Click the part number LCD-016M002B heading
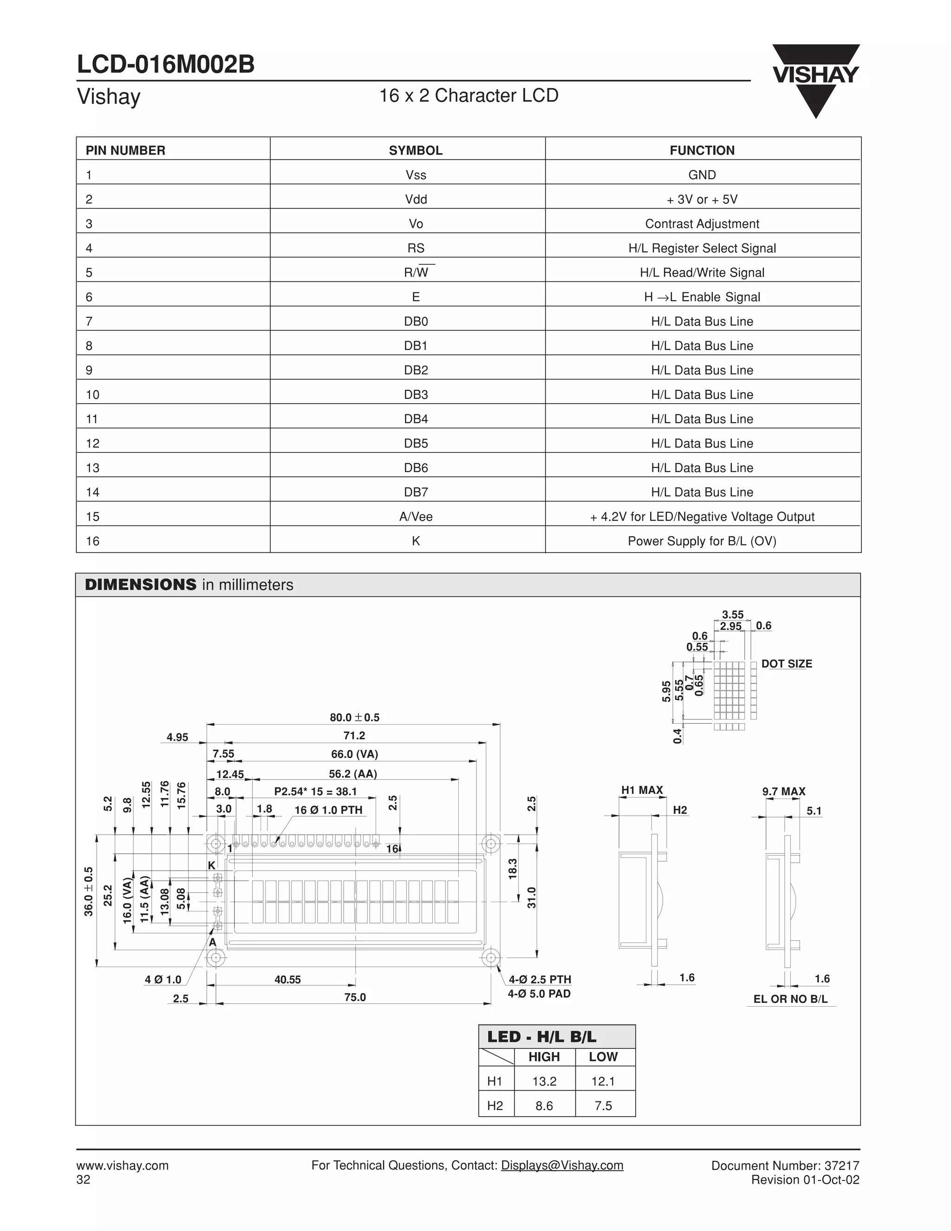tap(166, 64)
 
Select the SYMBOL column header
tap(415, 151)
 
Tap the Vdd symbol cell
tap(416, 200)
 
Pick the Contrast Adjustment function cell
tap(702, 224)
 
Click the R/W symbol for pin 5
tap(417, 273)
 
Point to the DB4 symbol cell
tap(416, 419)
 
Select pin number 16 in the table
tap(92, 541)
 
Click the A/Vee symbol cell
tap(416, 516)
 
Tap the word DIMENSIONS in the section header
tap(140, 585)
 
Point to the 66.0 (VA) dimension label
tap(354, 754)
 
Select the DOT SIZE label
tap(787, 664)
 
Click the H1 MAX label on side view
tap(642, 790)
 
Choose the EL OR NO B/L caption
tap(790, 999)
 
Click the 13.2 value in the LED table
tap(544, 1081)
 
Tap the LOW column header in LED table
tap(603, 1057)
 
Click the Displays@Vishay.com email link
tap(562, 1165)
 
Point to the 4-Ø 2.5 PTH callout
tap(540, 980)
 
